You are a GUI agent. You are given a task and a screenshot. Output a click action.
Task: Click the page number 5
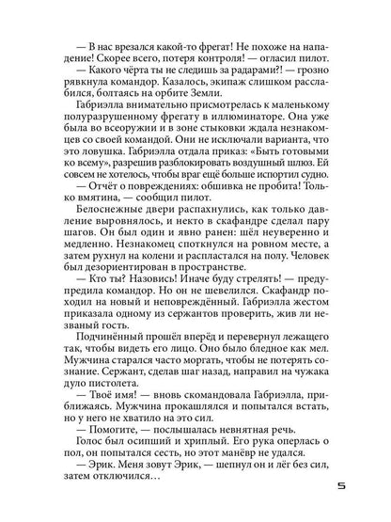352,488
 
